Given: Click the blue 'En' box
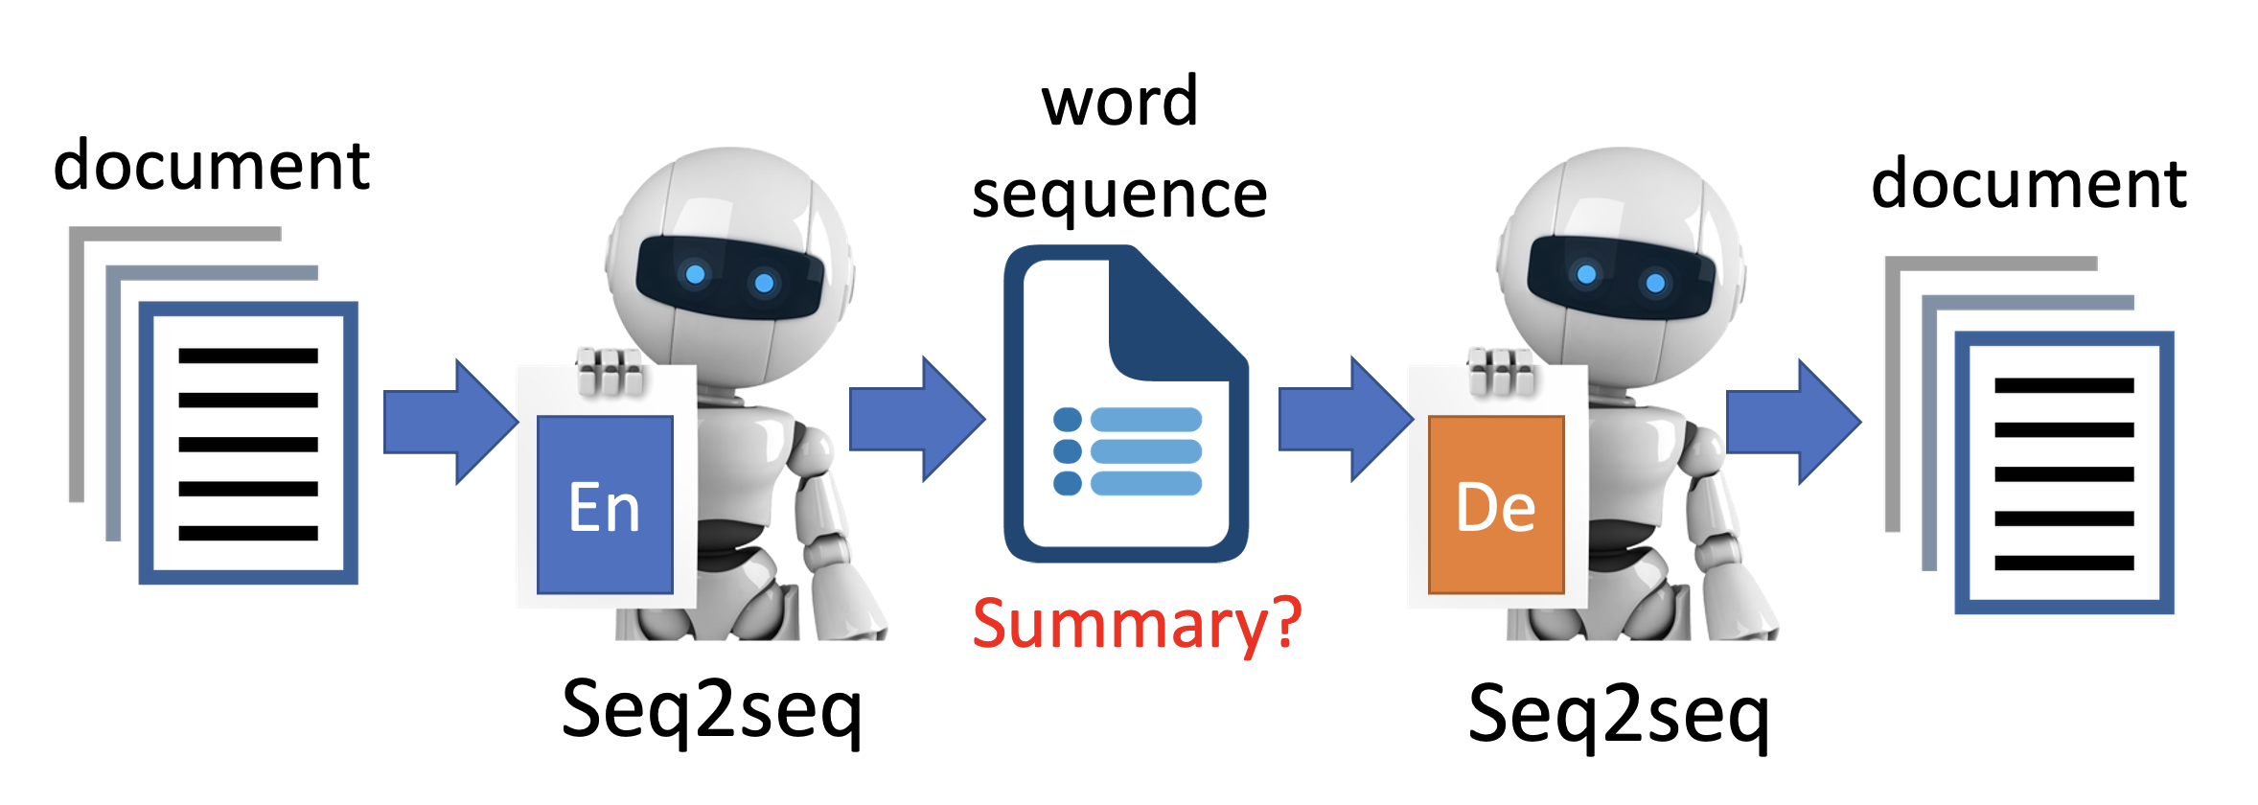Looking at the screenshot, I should (605, 505).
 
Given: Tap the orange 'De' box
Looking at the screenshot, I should (1495, 505).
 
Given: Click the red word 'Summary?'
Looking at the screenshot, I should (1137, 624).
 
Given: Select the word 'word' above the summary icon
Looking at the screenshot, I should (1119, 102).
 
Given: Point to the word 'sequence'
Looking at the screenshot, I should (1119, 195).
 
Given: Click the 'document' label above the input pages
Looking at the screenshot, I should (211, 165).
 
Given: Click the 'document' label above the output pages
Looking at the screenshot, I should (2028, 183).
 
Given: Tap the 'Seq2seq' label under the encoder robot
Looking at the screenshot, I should (711, 710).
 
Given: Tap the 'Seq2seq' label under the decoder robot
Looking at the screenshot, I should (1618, 715).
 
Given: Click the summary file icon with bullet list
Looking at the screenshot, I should (1125, 402).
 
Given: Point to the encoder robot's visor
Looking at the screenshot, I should (729, 277).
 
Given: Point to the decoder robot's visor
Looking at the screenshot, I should (1620, 277).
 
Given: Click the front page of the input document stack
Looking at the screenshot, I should (248, 443).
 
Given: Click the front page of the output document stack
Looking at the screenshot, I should (2063, 472).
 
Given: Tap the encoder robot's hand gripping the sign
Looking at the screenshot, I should (610, 372).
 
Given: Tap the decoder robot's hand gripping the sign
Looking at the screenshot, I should (1501, 372).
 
